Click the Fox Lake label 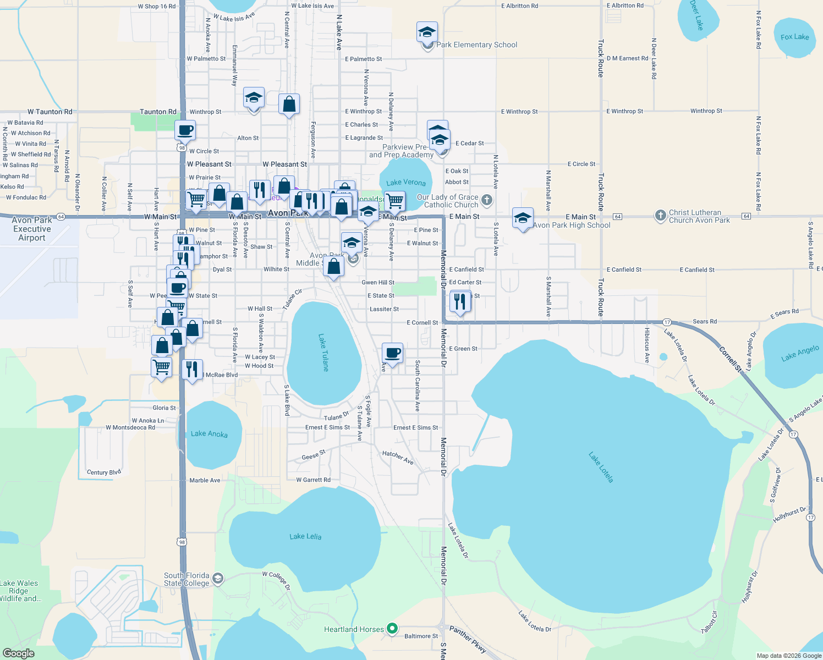(x=794, y=37)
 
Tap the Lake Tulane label (x=323, y=353)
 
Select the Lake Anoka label (x=209, y=434)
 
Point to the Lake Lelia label (x=305, y=536)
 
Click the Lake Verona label (x=406, y=183)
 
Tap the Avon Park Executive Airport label (x=32, y=229)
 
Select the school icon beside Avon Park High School (x=523, y=218)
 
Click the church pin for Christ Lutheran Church (x=661, y=216)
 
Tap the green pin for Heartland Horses (x=392, y=628)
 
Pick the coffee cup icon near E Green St (x=392, y=353)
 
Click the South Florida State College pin (x=218, y=579)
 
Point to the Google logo (x=19, y=653)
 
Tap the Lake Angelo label (x=800, y=353)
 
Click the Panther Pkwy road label (x=468, y=639)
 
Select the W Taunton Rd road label (x=50, y=112)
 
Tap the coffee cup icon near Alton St (x=185, y=131)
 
